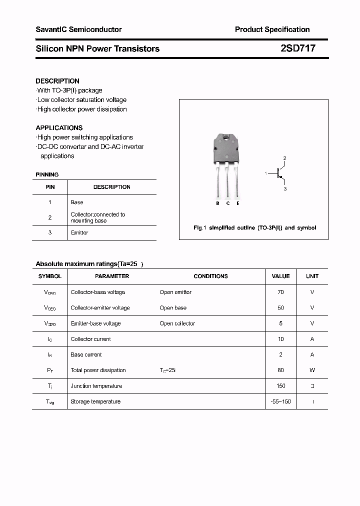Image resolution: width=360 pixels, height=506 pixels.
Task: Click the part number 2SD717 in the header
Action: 297,48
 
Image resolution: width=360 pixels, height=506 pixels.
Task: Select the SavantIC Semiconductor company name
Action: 78,29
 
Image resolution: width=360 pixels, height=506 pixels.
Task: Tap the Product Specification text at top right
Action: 272,29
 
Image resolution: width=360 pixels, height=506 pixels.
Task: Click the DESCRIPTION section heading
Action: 57,81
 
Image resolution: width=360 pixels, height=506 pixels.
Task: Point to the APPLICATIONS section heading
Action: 59,128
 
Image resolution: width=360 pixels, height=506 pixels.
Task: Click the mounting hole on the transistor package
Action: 227,138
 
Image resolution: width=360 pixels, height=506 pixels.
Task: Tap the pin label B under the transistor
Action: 217,203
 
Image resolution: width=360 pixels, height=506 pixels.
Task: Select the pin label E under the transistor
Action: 238,203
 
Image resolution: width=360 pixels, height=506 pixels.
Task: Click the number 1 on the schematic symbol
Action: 266,173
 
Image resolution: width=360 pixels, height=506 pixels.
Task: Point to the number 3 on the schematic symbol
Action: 285,189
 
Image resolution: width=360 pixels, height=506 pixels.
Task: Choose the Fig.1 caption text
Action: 254,228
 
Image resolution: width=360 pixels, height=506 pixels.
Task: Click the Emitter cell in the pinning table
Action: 79,233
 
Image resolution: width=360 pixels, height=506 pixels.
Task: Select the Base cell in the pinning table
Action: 77,202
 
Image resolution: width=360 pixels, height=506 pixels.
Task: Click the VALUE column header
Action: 280,276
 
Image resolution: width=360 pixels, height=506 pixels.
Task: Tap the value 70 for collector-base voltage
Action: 280,292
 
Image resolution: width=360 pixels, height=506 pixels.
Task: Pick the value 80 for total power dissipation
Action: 280,370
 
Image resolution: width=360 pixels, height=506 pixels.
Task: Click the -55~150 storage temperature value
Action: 280,402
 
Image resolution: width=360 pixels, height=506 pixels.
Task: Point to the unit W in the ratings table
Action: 312,370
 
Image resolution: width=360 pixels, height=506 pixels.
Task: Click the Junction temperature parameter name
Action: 96,386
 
